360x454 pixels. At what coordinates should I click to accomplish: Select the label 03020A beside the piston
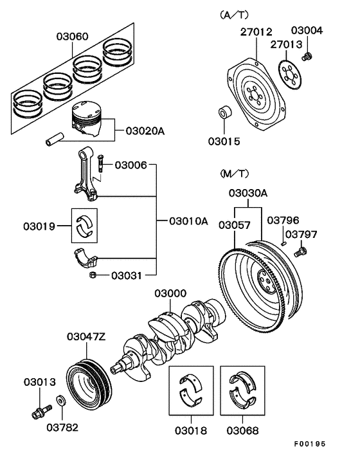(x=145, y=131)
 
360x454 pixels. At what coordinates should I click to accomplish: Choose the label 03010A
(x=188, y=221)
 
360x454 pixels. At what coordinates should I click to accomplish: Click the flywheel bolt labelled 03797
(x=299, y=252)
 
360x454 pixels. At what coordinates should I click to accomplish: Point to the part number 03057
(x=236, y=224)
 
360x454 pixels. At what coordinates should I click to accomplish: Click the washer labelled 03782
(x=60, y=401)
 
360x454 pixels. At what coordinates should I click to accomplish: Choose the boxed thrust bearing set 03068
(x=242, y=389)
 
